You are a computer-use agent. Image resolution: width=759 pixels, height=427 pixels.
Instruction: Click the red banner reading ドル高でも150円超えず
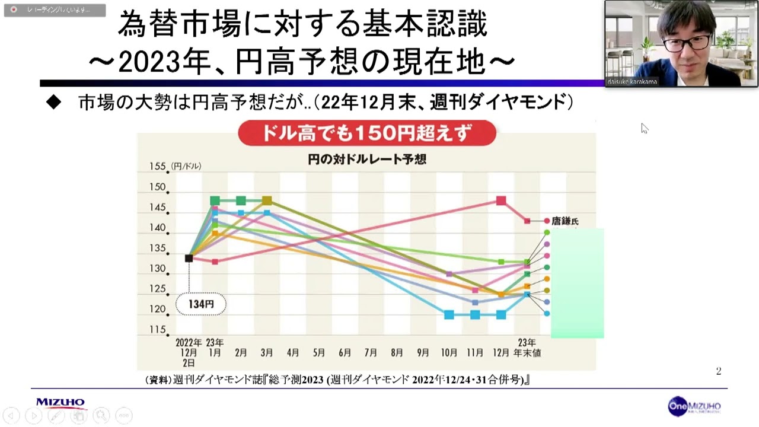(x=366, y=133)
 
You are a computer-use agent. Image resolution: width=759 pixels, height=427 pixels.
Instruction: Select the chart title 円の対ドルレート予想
(x=366, y=160)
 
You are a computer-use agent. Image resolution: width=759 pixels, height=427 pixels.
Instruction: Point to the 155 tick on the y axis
(x=157, y=167)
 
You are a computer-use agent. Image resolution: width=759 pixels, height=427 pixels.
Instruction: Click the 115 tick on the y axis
(x=157, y=329)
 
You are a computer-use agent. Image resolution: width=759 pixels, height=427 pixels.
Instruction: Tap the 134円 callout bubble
(x=201, y=304)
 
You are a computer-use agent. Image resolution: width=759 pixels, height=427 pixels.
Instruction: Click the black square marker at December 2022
(x=189, y=258)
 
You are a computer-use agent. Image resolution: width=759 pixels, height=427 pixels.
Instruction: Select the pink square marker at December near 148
(x=501, y=200)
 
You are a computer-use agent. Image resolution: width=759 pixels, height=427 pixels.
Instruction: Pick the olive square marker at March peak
(x=267, y=200)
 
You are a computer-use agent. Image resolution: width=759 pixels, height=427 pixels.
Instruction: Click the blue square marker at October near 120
(x=449, y=314)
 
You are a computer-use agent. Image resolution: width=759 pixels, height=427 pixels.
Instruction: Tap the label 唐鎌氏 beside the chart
(x=565, y=221)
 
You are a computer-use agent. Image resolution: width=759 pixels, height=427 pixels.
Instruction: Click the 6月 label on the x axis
(x=345, y=353)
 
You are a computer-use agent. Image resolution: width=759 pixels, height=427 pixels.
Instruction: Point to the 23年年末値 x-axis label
(x=527, y=348)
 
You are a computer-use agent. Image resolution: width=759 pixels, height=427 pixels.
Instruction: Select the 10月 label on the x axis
(x=449, y=353)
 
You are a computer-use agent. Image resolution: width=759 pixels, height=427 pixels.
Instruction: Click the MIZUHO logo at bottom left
(x=60, y=403)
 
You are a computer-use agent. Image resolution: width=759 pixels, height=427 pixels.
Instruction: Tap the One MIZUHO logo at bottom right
(x=694, y=406)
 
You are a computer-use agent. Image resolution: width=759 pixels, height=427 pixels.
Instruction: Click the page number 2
(x=719, y=371)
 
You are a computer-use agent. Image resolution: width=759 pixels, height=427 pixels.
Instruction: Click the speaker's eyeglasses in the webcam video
(x=686, y=43)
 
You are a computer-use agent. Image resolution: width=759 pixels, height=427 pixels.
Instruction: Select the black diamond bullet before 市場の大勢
(x=54, y=103)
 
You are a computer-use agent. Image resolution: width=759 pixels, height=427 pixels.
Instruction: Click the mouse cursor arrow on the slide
(x=644, y=128)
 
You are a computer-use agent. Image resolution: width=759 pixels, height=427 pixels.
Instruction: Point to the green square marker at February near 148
(x=241, y=200)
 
